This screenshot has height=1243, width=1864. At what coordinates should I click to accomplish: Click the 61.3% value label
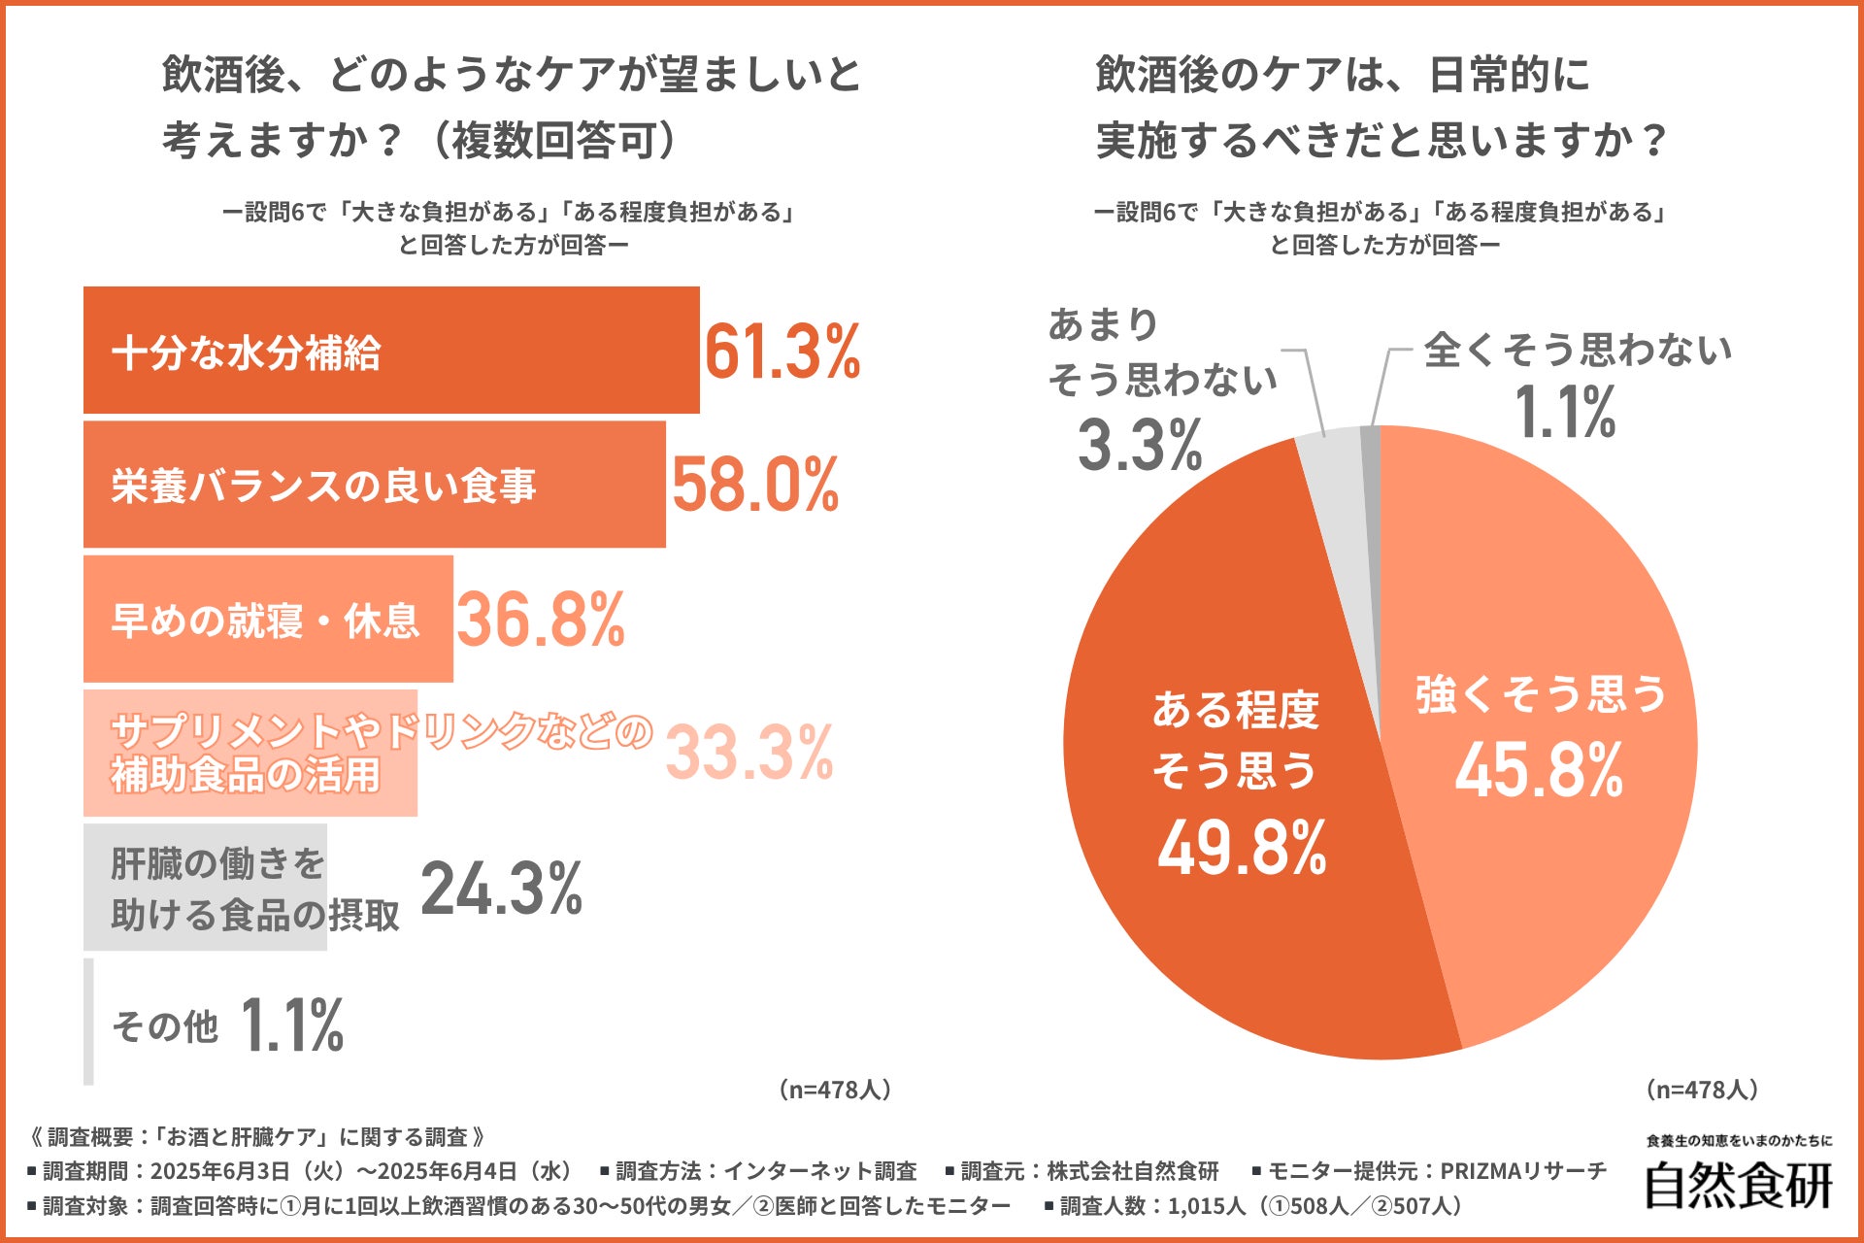point(782,352)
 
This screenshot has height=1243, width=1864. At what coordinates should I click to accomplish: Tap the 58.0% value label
point(755,485)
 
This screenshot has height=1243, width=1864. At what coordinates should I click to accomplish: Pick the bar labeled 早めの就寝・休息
point(268,620)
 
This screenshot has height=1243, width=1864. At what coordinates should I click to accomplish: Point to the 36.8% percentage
point(540,620)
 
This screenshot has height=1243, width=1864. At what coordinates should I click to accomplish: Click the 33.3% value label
point(749,753)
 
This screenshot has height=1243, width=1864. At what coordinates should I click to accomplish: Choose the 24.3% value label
point(501,889)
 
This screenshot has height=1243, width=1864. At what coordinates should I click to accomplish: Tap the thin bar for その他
point(89,1022)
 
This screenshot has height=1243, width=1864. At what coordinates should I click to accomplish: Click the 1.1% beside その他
point(291,1025)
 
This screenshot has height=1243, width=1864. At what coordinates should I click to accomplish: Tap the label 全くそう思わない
point(1578,350)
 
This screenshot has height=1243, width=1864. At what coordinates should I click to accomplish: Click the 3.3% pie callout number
point(1140,445)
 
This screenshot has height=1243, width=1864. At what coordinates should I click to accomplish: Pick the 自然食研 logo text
point(1738,1185)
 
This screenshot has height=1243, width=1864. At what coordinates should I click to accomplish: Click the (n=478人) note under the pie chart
point(1702,1090)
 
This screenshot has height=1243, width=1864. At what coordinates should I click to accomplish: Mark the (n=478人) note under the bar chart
point(834,1090)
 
